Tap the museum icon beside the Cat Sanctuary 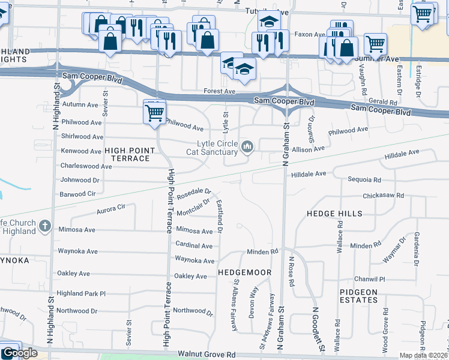pyautogui.click(x=247, y=147)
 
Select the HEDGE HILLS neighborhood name pyautogui.click(x=334, y=214)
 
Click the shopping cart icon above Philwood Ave pyautogui.click(x=155, y=112)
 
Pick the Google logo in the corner pyautogui.click(x=19, y=353)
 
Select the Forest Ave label pyautogui.click(x=219, y=91)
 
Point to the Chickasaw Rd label pyautogui.click(x=384, y=196)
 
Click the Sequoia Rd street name pyautogui.click(x=364, y=179)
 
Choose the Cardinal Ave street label pyautogui.click(x=194, y=246)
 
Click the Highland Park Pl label pyautogui.click(x=81, y=293)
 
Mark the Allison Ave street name pyautogui.click(x=309, y=148)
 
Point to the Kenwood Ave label pyautogui.click(x=81, y=151)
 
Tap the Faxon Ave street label pyautogui.click(x=310, y=35)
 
